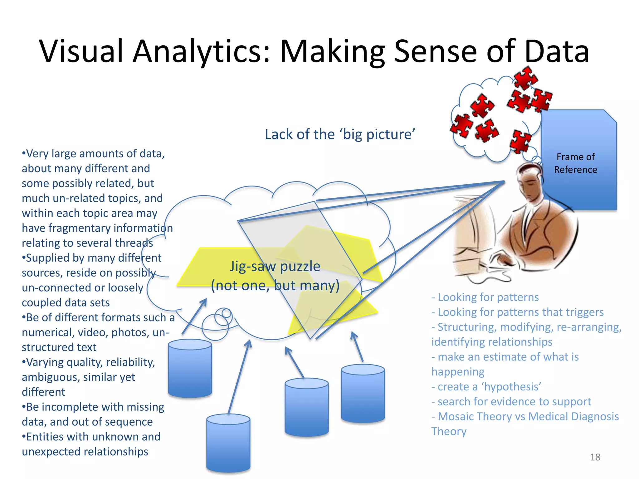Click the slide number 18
tap(595, 457)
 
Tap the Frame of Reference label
tap(575, 163)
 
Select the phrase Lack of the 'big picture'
tap(340, 134)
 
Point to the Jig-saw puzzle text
tap(275, 266)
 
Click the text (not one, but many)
tap(275, 285)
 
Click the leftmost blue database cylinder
tap(190, 368)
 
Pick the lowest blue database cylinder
tap(228, 443)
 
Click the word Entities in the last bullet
tap(44, 437)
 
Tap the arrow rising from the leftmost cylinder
tap(194, 317)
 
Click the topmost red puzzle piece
tap(525, 78)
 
